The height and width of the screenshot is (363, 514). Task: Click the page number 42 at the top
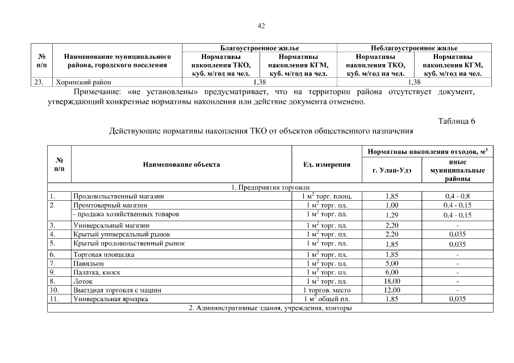click(x=261, y=26)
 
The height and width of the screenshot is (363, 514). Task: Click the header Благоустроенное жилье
click(x=259, y=48)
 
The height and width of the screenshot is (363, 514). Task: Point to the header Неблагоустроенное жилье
click(x=414, y=48)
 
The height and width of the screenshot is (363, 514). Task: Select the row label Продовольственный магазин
click(x=118, y=196)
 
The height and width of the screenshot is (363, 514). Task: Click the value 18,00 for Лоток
click(x=391, y=281)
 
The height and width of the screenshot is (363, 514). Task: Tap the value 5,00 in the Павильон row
click(x=391, y=263)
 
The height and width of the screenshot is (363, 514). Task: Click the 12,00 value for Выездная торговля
click(x=391, y=290)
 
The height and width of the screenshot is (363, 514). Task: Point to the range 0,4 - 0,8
click(x=457, y=196)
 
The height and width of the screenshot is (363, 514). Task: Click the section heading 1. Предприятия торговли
click(x=270, y=187)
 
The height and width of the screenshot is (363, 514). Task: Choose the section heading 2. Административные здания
click(x=270, y=308)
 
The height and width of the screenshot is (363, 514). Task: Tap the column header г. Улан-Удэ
click(x=391, y=170)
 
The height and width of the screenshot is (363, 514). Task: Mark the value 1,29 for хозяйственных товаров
click(x=391, y=215)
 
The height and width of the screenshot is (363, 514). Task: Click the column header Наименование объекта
click(x=181, y=164)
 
